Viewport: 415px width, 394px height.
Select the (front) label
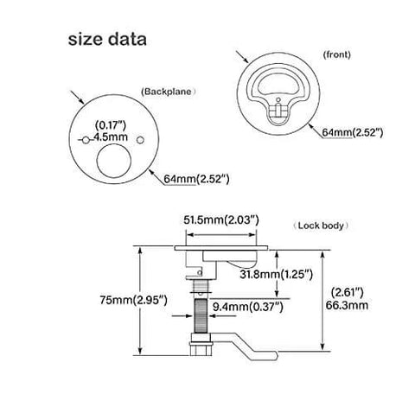(336, 54)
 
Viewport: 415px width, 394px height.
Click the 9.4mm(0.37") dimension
(252, 304)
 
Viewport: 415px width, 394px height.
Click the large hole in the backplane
(114, 163)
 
